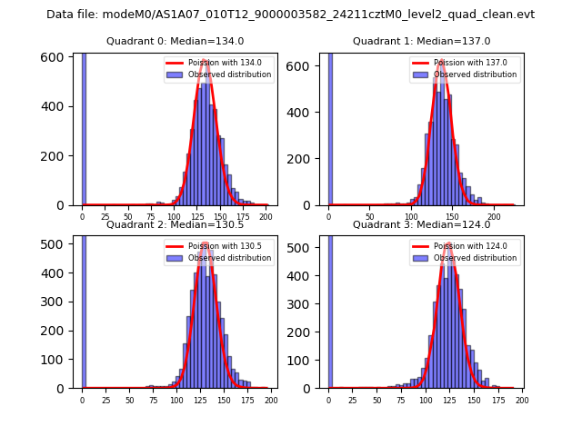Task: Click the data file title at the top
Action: coord(290,15)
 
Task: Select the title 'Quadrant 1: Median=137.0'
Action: coord(421,41)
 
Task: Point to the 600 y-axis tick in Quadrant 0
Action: coord(55,57)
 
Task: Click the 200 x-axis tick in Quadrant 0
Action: coord(266,217)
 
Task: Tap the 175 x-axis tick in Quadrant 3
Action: coord(497,401)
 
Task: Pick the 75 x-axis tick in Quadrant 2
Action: coord(153,401)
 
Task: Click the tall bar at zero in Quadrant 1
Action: coord(330,127)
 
